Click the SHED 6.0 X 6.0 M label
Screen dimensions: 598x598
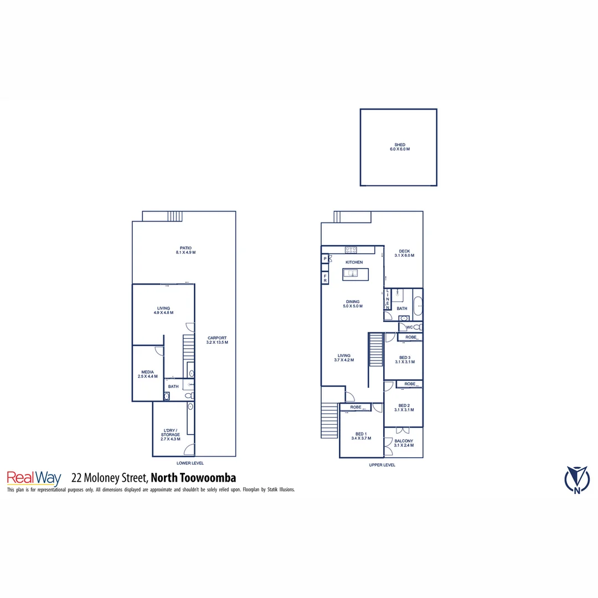click(399, 147)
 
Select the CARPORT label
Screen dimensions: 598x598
click(217, 340)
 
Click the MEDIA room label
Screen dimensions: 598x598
click(147, 374)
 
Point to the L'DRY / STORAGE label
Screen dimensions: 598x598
click(171, 432)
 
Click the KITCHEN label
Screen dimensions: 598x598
click(354, 262)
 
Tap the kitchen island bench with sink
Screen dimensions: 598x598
click(354, 273)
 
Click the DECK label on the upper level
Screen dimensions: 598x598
click(404, 253)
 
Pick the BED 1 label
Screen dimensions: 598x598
click(361, 436)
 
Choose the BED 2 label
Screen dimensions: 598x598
click(404, 408)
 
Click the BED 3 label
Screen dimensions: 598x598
click(404, 359)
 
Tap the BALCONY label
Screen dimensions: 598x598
click(404, 444)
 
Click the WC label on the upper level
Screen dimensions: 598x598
click(409, 327)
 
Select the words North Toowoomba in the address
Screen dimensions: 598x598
click(194, 478)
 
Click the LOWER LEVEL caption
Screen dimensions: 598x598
click(190, 463)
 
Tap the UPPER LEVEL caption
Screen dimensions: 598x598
click(382, 465)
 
